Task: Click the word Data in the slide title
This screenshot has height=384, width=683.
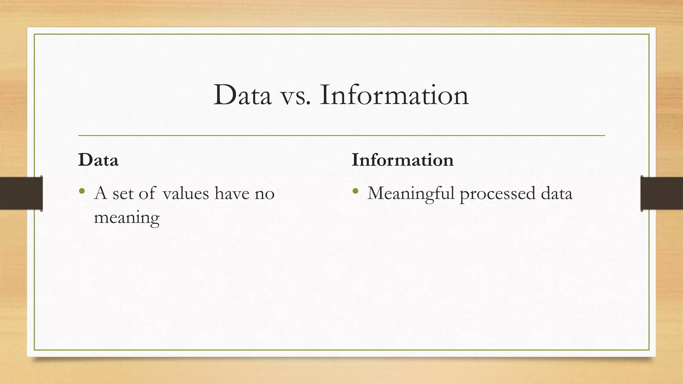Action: [242, 95]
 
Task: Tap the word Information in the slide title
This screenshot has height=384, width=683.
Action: [394, 95]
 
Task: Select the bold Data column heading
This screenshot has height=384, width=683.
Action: [98, 160]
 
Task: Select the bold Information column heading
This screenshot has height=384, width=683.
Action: [403, 160]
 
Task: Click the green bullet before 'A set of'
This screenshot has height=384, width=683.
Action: [82, 191]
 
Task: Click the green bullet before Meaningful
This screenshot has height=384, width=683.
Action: [355, 191]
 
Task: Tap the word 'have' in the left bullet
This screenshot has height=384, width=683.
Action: [231, 193]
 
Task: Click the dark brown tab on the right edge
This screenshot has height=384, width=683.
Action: [662, 193]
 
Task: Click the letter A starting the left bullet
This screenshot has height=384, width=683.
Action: [100, 193]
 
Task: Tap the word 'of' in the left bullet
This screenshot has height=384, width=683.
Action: [147, 193]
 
